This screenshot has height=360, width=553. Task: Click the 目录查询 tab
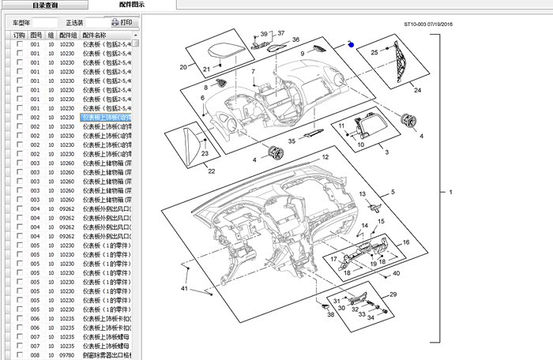tap(44, 5)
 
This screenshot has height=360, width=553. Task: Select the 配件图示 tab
tap(132, 5)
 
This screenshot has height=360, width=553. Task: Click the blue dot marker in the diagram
tap(352, 45)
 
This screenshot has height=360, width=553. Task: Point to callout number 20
tap(183, 67)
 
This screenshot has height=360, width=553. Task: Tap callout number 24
tap(417, 90)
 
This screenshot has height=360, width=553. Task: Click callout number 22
tap(211, 171)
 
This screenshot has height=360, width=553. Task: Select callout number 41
tap(185, 291)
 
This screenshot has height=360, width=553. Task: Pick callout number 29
tap(393, 294)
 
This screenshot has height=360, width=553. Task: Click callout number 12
tap(324, 158)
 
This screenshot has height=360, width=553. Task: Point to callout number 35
tap(292, 141)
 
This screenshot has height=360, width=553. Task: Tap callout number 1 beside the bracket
tap(451, 193)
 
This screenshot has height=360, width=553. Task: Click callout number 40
tap(396, 273)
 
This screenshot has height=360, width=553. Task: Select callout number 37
tap(280, 32)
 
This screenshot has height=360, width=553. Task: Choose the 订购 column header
tap(19, 36)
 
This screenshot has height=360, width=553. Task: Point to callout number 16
tap(406, 242)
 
